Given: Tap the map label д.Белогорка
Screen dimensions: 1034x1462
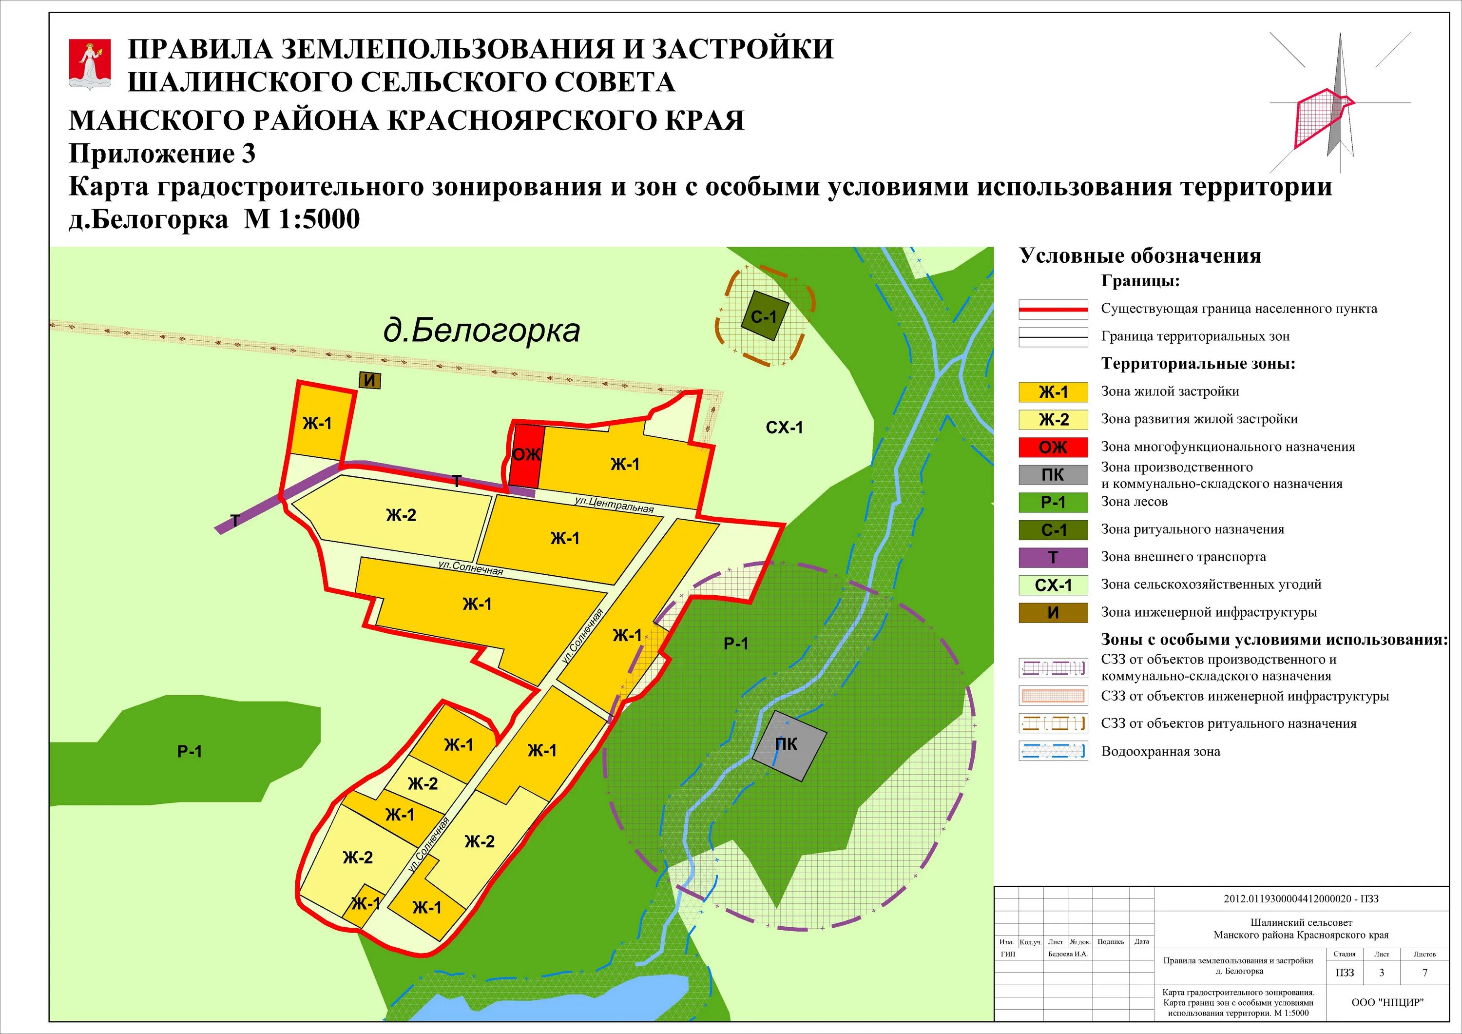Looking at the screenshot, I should point(481,331).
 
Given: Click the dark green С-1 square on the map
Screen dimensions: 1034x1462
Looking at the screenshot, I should point(765,316).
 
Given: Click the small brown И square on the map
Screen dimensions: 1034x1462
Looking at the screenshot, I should point(370,381).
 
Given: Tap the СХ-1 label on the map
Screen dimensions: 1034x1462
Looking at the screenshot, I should point(784,428).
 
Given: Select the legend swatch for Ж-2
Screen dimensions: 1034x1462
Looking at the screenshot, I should point(1053,420).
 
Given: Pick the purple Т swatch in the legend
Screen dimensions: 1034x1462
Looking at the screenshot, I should point(1053,557).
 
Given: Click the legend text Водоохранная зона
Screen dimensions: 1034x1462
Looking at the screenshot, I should point(1161,752).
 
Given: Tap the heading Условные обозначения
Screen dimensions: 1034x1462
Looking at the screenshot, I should point(1140,256).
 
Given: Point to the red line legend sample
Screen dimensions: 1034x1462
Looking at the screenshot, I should point(1053,310).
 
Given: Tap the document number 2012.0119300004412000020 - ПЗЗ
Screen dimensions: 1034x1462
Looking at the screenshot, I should point(1301,899).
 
